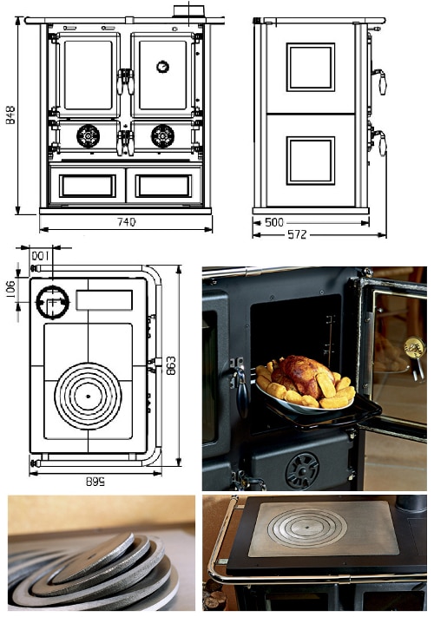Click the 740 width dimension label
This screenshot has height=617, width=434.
click(x=127, y=222)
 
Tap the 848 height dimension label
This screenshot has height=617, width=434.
click(x=10, y=115)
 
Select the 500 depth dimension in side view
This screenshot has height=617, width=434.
click(x=274, y=222)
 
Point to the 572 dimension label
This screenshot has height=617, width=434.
click(x=297, y=234)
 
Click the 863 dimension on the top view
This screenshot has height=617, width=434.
click(x=171, y=365)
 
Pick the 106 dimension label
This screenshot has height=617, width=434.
click(x=10, y=289)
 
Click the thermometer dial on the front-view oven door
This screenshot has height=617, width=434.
click(x=162, y=67)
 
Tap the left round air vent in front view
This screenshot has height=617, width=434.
click(x=89, y=136)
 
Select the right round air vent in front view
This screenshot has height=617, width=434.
click(x=162, y=136)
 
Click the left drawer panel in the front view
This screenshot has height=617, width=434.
click(x=88, y=186)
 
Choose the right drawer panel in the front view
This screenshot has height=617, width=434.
click(x=163, y=186)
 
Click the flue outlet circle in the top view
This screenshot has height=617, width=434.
click(x=53, y=302)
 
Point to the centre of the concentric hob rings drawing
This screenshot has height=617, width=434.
click(x=89, y=396)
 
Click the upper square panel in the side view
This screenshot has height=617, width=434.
click(x=311, y=68)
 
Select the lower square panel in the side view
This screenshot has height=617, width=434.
click(x=311, y=161)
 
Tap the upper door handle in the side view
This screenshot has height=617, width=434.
click(x=381, y=81)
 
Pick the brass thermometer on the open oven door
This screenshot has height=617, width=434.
click(x=415, y=348)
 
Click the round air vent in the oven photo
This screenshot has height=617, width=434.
click(x=302, y=471)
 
